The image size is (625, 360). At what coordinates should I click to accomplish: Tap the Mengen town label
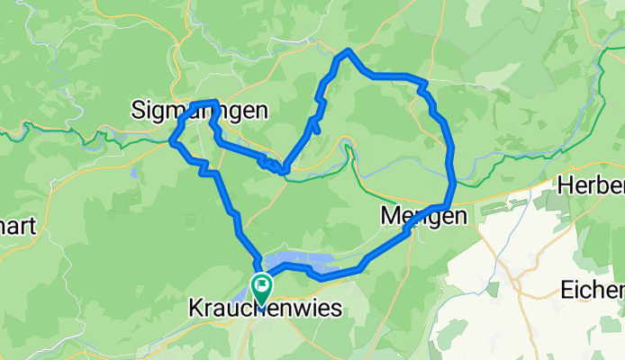coord(424,217)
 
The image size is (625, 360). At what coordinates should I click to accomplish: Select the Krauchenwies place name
coord(265,309)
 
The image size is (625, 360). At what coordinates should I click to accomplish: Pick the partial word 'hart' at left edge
coord(16,226)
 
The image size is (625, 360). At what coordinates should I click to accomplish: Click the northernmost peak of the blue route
coord(347,50)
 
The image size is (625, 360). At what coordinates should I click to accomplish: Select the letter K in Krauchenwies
coord(195,309)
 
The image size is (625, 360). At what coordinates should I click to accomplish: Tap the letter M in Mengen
coord(390,217)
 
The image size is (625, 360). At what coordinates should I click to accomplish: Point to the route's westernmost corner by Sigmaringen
coord(172,141)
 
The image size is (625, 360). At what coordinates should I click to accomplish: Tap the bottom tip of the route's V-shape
coord(285,169)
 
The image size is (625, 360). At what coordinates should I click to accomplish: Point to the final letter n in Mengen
coord(460,217)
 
